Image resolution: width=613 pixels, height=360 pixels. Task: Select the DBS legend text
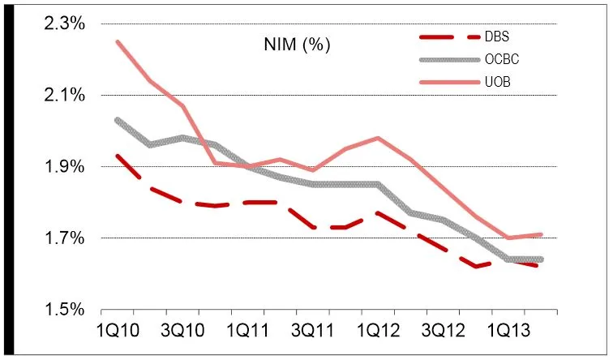click(x=503, y=36)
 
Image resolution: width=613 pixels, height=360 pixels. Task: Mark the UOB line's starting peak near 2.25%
click(x=118, y=42)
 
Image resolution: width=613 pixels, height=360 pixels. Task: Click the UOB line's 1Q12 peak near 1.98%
click(x=378, y=138)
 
